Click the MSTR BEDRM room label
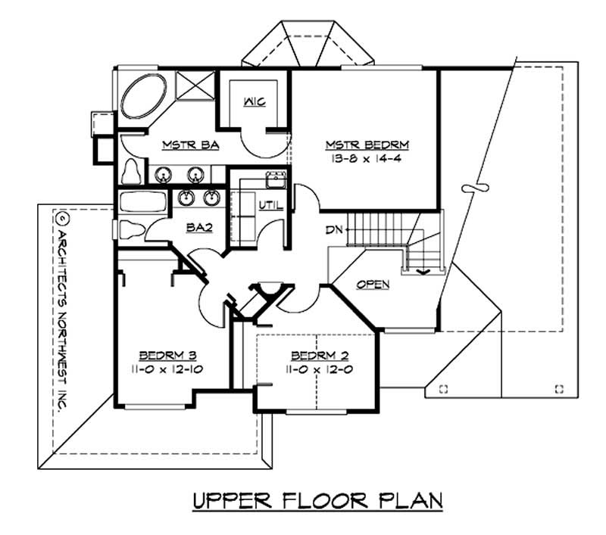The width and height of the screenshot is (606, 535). (367, 145)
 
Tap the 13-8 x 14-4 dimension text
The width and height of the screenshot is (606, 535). (366, 159)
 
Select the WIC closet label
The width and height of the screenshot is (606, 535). (255, 102)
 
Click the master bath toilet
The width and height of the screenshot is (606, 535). (131, 172)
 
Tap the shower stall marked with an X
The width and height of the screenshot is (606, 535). (195, 86)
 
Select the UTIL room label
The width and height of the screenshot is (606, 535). (270, 205)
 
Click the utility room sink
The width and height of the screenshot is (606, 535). (276, 179)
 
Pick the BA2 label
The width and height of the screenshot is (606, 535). (199, 228)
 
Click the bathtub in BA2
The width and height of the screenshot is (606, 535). (142, 202)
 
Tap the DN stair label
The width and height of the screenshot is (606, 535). (334, 230)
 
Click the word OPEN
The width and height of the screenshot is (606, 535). (373, 285)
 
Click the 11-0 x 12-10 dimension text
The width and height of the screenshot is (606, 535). (167, 369)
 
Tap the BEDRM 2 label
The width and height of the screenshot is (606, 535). (320, 355)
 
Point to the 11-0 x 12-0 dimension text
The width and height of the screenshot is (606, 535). (319, 369)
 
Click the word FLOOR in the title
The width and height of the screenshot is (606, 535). (324, 501)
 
